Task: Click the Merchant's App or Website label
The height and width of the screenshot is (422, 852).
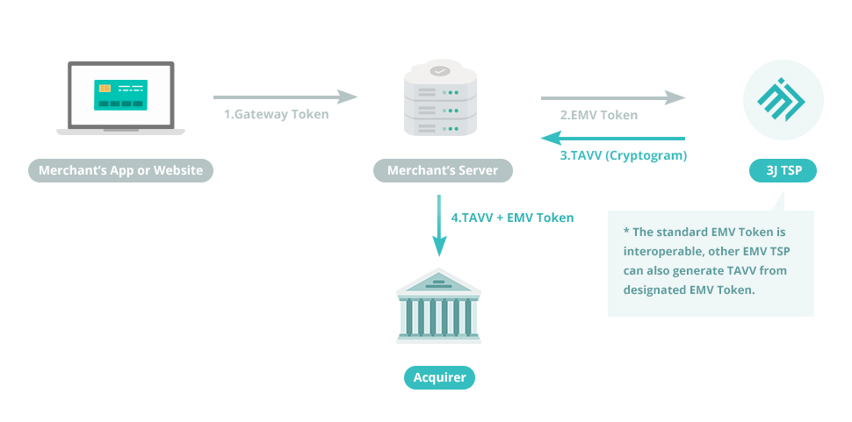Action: click(x=120, y=170)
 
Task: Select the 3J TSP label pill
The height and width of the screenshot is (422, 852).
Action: click(x=783, y=170)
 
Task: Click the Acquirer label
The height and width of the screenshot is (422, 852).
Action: click(x=439, y=378)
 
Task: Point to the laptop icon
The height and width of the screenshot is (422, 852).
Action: click(x=120, y=98)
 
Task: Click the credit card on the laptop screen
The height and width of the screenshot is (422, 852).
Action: click(x=120, y=95)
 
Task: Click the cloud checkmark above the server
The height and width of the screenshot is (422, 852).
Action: click(x=440, y=70)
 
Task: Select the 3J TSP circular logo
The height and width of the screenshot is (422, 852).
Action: click(x=783, y=98)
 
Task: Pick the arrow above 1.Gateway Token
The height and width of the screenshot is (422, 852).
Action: click(x=285, y=97)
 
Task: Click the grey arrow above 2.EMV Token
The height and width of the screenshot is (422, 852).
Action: click(x=612, y=97)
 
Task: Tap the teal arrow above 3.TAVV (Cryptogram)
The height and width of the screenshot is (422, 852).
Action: click(x=612, y=138)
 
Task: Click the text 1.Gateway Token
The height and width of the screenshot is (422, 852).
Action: click(x=276, y=114)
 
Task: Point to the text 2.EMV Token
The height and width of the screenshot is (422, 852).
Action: click(x=599, y=115)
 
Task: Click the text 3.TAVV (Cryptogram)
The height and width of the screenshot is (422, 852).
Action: click(x=623, y=155)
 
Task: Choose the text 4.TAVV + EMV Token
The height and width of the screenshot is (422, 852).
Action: click(x=512, y=218)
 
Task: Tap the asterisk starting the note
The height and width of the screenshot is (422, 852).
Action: click(x=626, y=232)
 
